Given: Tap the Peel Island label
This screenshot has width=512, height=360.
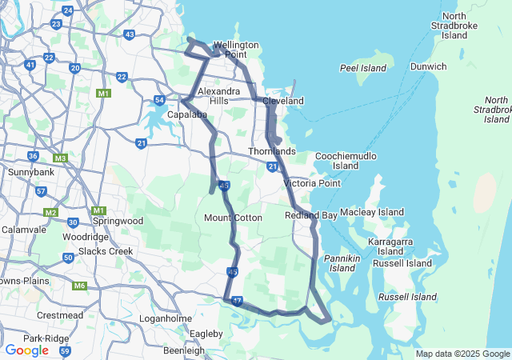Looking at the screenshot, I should tap(363, 68).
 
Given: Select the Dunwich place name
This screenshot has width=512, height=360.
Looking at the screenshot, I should tap(429, 66).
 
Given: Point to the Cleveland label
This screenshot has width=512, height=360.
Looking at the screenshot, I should tap(284, 102).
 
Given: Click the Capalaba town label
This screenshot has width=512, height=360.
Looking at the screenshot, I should tap(188, 114).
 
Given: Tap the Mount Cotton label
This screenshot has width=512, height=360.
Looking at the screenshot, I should tap(234, 218).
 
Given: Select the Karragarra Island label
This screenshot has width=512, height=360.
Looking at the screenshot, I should tap(390, 246).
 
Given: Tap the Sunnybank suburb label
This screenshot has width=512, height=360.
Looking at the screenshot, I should tap(29, 172).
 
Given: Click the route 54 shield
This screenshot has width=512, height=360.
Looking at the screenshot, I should tap(160, 100).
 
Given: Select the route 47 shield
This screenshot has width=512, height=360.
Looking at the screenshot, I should tap(237, 302).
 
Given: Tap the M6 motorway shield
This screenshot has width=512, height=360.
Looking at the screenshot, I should tap(79, 286).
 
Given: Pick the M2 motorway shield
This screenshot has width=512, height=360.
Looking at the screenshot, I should tap(51, 212).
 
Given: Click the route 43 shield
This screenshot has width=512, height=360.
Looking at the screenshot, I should tap(130, 34).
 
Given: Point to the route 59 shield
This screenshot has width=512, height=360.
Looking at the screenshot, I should tap(65, 350).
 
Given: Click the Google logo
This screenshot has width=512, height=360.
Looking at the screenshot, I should tap(27, 350).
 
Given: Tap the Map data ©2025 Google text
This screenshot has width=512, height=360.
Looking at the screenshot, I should tap(462, 354).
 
